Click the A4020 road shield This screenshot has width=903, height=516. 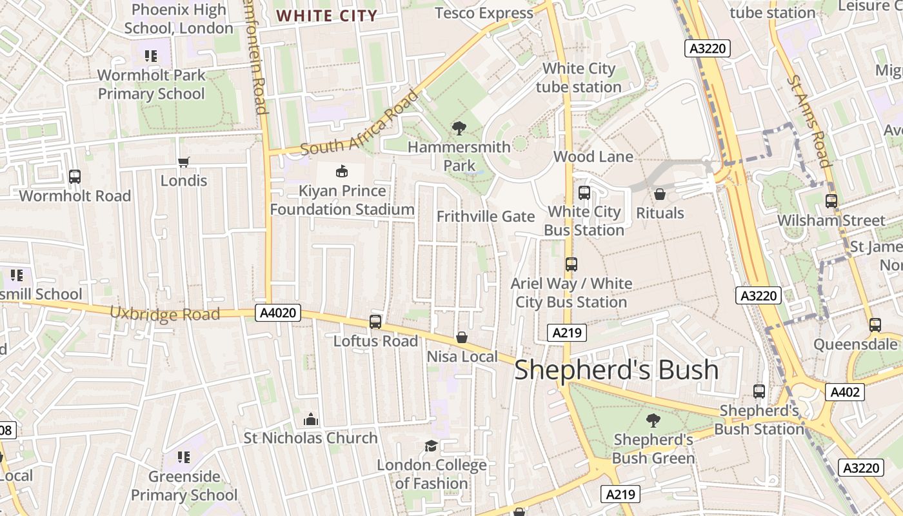pyautogui.click(x=279, y=313)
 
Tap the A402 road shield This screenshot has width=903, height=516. pyautogui.click(x=844, y=392)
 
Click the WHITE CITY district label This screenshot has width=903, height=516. pyautogui.click(x=326, y=15)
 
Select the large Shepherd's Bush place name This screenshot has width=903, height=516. pyautogui.click(x=616, y=370)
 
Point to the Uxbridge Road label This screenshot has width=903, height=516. pyautogui.click(x=164, y=314)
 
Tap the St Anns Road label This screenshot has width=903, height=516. pyautogui.click(x=808, y=121)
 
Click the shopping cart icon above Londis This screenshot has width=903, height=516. pyautogui.click(x=184, y=162)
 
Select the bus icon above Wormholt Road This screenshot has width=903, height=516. pyautogui.click(x=75, y=176)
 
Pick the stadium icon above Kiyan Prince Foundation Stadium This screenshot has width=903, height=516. pyautogui.click(x=341, y=171)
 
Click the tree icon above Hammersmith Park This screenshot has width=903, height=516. pyautogui.click(x=459, y=128)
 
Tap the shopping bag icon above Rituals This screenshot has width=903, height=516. pyautogui.click(x=660, y=193)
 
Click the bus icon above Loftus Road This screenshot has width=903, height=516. pyautogui.click(x=375, y=321)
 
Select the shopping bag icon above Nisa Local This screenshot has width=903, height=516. pyautogui.click(x=462, y=337)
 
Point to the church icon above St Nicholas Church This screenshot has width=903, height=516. pyautogui.click(x=311, y=419)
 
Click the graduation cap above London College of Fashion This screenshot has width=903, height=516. pyautogui.click(x=431, y=446)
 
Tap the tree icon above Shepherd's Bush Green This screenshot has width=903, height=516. pyautogui.click(x=653, y=421)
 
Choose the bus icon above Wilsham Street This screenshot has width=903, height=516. pyautogui.click(x=831, y=201)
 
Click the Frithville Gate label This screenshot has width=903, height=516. pyautogui.click(x=486, y=217)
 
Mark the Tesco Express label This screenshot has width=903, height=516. pyautogui.click(x=484, y=13)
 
